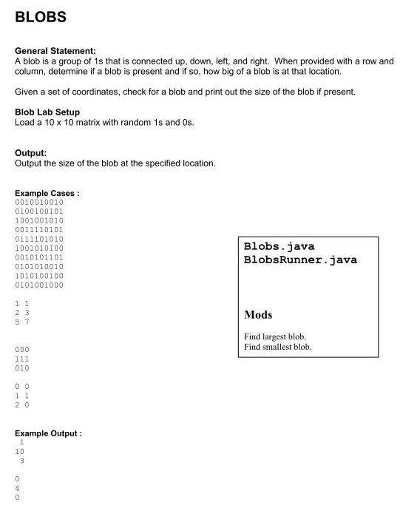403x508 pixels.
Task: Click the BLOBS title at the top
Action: tap(41, 16)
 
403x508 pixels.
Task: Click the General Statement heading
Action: tap(55, 51)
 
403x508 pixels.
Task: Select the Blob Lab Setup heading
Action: tap(47, 112)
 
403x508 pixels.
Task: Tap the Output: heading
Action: tap(31, 153)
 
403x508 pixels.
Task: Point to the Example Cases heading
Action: tap(47, 193)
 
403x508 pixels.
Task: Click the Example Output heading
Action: tap(48, 433)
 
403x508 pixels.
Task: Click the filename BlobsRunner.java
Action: tap(300, 260)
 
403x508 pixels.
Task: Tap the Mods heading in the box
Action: tap(258, 314)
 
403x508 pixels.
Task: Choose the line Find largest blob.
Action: tap(274, 336)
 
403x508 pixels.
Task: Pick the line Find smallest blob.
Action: tap(277, 347)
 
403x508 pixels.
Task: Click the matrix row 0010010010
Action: tap(39, 202)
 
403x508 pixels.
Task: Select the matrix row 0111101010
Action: tap(39, 239)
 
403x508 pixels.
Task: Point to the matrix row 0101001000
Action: tap(39, 285)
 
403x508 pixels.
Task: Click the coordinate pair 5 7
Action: tap(21, 322)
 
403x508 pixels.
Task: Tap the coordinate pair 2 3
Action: tap(21, 313)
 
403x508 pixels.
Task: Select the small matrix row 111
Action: tap(21, 359)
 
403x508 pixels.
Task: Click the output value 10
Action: tap(20, 451)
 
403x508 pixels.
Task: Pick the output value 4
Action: tap(17, 488)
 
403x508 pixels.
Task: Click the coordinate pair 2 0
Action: tap(21, 404)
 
